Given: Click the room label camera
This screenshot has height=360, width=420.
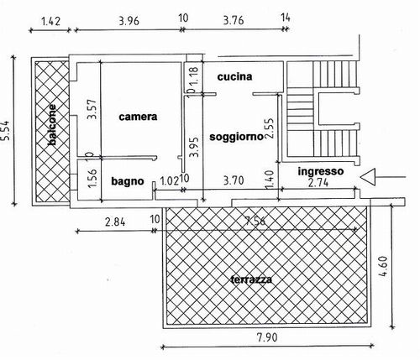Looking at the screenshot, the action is click(138, 117).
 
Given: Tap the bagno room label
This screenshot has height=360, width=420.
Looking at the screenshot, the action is click(128, 181).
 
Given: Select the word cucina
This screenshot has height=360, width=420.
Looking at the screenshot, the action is click(234, 76).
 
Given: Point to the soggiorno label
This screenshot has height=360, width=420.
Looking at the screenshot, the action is click(237, 137).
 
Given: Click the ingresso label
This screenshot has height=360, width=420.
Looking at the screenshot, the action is click(321, 171).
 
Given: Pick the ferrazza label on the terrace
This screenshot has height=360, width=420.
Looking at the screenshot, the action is click(251, 279).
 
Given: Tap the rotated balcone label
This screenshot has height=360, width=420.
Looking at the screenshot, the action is click(52, 125).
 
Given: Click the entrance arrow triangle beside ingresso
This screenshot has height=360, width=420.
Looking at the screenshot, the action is click(368, 177).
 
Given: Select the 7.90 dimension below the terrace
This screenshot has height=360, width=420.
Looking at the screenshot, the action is click(267, 337).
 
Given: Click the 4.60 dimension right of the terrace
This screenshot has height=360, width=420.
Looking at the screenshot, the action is click(383, 266).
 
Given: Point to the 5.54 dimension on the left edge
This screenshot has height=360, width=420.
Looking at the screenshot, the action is click(6, 130).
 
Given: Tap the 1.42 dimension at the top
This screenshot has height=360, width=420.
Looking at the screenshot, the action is click(50, 21).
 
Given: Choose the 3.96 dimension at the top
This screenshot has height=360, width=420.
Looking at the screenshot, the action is click(129, 21).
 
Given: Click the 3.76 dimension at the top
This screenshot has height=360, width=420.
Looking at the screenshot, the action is click(234, 20).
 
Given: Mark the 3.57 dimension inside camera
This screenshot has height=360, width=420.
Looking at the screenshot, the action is click(92, 109).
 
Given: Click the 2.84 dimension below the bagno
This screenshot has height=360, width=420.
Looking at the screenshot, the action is click(115, 222).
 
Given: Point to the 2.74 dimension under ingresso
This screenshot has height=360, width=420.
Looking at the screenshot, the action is click(318, 183).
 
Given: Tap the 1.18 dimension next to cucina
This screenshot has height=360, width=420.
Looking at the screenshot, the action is click(196, 76).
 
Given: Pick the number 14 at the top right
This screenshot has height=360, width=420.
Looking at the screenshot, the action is click(286, 18).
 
